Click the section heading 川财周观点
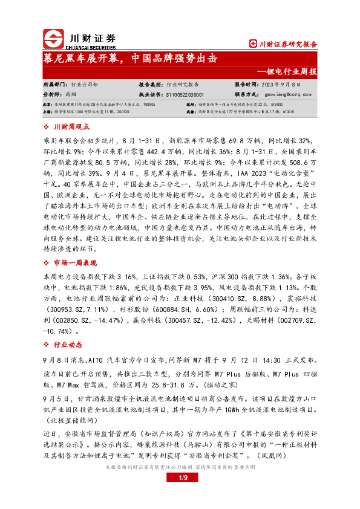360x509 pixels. click(x=71, y=127)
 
